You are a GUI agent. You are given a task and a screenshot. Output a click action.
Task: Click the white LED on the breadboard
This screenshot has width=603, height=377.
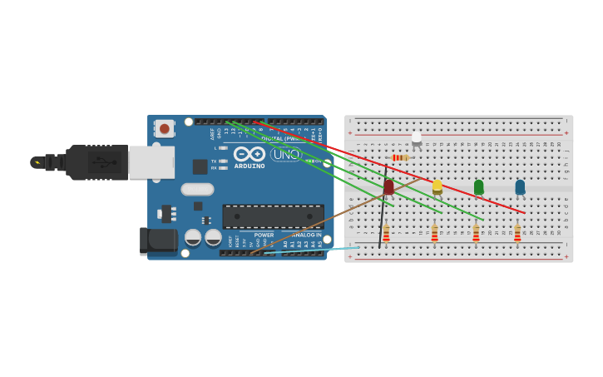point(417,138)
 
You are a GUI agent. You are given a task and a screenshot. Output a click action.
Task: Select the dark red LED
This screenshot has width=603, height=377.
point(388,186)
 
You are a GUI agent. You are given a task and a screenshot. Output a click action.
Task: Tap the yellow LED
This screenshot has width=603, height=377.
point(437,186)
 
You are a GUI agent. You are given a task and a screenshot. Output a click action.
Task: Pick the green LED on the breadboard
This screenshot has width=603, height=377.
point(478,186)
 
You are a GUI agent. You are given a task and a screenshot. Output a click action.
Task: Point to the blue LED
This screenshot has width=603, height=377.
point(520,186)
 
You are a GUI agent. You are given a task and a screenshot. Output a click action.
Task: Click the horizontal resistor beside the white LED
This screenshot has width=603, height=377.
point(400,157)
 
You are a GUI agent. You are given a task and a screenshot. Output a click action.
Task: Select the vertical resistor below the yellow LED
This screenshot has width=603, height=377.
point(434,234)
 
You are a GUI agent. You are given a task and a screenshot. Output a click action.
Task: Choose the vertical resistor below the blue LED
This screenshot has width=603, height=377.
point(517,234)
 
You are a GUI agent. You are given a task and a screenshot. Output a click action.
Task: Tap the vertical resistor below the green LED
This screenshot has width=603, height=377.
point(476,234)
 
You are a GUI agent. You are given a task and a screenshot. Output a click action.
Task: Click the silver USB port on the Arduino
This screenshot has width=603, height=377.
point(151,162)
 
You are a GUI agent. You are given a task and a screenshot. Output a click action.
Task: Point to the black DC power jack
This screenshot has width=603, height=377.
point(157,241)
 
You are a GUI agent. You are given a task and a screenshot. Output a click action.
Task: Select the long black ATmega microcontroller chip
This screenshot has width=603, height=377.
point(273,216)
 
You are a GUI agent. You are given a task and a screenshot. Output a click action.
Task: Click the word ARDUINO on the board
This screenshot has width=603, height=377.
point(250,166)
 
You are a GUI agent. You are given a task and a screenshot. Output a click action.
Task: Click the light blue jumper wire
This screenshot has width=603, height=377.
point(316,249)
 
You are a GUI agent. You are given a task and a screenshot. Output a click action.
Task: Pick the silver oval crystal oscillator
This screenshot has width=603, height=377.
point(197,189)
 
